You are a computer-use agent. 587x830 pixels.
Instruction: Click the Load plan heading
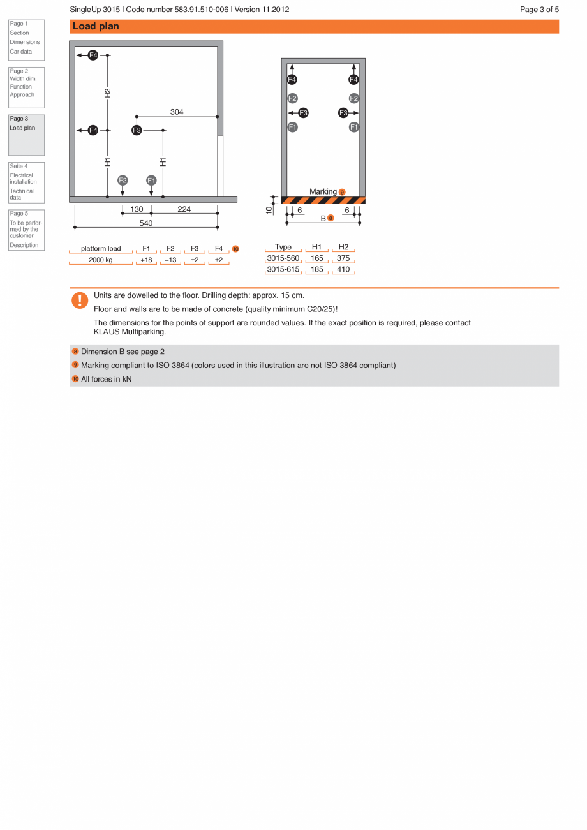(x=96, y=26)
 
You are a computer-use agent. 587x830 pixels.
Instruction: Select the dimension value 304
(x=177, y=112)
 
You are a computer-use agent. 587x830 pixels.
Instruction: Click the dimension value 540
(x=146, y=223)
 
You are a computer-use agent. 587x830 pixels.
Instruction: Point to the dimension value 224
(x=184, y=209)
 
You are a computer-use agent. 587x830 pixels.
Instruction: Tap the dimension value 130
(x=137, y=209)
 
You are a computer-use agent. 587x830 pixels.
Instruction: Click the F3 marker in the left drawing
(x=137, y=130)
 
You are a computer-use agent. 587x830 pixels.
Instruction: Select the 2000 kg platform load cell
(x=101, y=260)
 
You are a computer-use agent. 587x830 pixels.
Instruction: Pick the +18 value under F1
(x=146, y=260)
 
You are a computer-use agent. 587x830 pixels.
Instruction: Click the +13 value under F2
(x=170, y=260)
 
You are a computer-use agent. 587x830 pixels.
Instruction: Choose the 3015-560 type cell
(x=283, y=258)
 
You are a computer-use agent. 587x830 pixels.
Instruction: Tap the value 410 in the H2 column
(x=343, y=270)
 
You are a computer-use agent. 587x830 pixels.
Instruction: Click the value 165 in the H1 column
(x=317, y=258)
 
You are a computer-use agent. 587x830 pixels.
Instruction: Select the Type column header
(x=283, y=248)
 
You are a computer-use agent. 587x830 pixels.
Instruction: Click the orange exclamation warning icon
(x=80, y=300)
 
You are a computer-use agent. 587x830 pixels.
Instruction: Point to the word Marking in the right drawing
(x=323, y=192)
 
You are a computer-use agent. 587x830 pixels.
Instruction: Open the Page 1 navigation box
(x=26, y=40)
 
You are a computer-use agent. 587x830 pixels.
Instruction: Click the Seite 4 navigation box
(x=26, y=182)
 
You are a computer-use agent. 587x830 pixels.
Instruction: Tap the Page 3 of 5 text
(x=539, y=10)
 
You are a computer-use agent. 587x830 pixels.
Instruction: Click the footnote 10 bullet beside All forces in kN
(x=75, y=379)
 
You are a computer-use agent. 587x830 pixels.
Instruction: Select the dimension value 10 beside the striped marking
(x=269, y=209)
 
